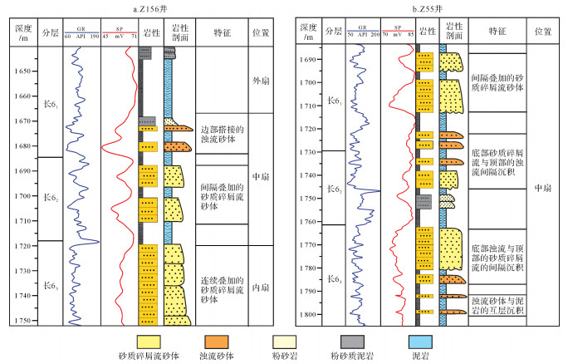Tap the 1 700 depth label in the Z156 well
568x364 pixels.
tap(23, 196)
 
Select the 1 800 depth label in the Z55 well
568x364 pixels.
tap(309, 315)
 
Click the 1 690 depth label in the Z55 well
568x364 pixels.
tap(309, 60)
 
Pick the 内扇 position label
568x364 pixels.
tap(260, 288)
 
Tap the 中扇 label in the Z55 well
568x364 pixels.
tap(545, 189)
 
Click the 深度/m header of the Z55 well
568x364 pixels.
tap(309, 32)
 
